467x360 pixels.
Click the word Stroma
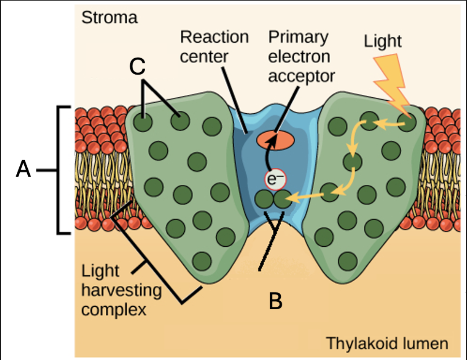point(109,18)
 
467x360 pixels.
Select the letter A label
point(23,170)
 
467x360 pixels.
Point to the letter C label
point(137,67)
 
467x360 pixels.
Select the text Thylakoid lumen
point(387,344)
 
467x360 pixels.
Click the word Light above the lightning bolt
point(382,42)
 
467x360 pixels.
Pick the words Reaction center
point(214,46)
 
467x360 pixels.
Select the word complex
point(114,310)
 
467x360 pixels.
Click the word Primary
point(297,37)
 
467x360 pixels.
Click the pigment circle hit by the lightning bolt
point(407,123)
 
